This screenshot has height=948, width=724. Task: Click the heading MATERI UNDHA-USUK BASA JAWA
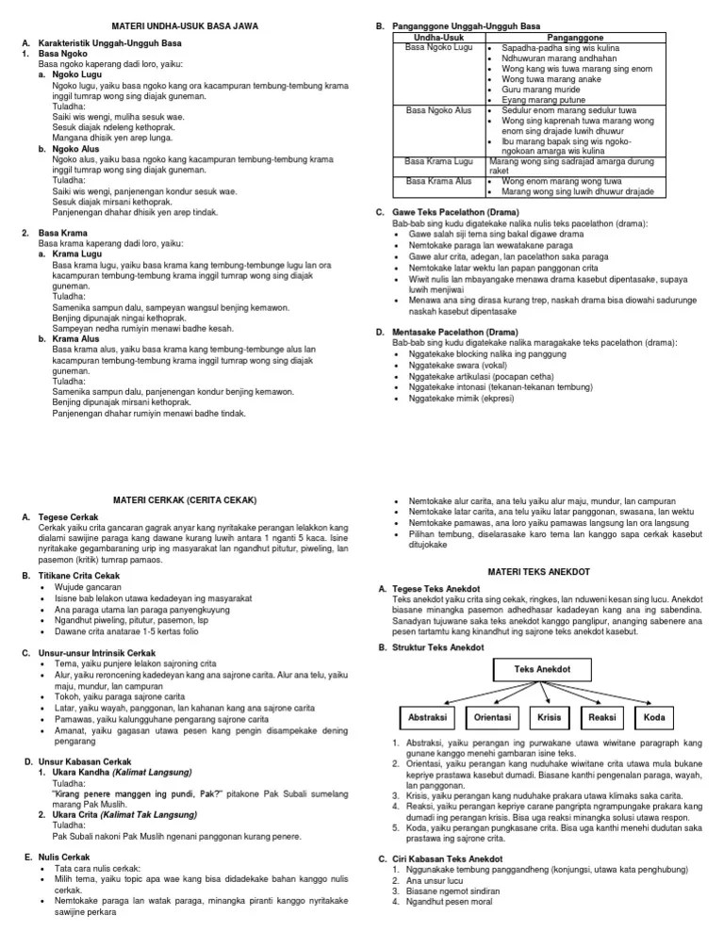pos(184,25)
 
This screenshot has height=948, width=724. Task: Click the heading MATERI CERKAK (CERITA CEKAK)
pos(184,498)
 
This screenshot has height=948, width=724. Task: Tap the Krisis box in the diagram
pos(549,717)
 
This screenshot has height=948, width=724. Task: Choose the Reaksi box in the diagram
pos(601,717)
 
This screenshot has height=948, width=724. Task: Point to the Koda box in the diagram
pos(653,717)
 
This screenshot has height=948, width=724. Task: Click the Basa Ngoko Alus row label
pos(438,110)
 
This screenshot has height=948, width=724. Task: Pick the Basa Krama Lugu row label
pos(438,162)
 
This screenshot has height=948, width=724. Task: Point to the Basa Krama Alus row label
pos(438,180)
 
